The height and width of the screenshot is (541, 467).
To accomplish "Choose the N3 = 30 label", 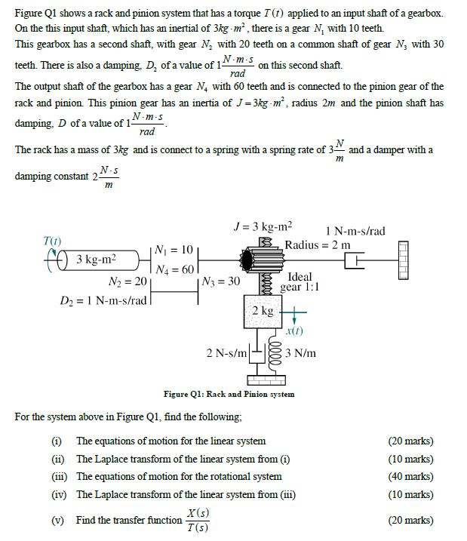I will point(221,282).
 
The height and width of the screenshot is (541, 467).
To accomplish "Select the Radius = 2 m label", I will point(318,244).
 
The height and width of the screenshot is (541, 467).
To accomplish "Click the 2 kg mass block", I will point(263,312).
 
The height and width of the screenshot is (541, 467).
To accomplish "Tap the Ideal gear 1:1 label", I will point(300,282).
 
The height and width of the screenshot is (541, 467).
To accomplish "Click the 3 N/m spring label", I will point(301,353).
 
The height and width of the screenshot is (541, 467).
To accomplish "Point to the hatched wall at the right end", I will point(403,260).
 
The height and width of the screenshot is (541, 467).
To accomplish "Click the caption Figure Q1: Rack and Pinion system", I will point(229,395).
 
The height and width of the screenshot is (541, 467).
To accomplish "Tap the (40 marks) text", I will point(410,476).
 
